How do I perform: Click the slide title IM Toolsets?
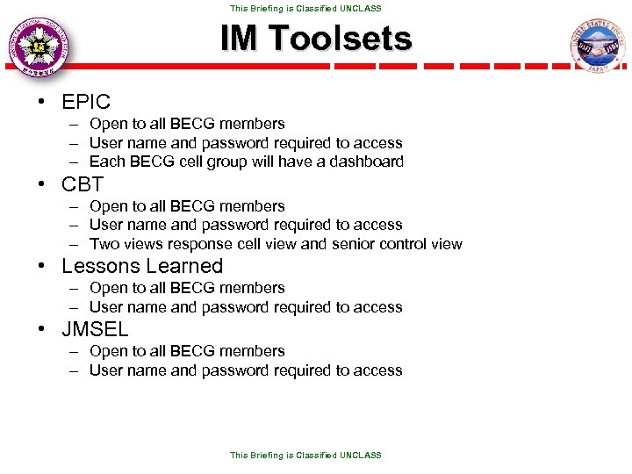[315, 39]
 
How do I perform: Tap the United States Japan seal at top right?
[596, 46]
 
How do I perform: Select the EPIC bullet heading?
[86, 102]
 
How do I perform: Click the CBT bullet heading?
[83, 184]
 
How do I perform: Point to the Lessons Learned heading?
[142, 266]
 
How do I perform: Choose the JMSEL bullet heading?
[95, 330]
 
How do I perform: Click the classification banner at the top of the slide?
[305, 8]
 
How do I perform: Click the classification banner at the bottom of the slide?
[305, 456]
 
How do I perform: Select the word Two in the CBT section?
[104, 244]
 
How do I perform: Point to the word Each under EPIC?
[107, 162]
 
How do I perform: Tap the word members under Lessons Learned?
[252, 288]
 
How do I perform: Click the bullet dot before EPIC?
[41, 102]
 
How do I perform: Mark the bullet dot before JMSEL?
[41, 330]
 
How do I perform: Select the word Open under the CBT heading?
[109, 206]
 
